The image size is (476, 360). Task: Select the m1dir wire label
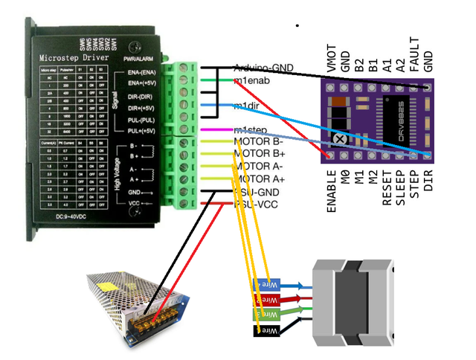247,105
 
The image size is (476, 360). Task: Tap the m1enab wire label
251,80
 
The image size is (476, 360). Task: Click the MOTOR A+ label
259,179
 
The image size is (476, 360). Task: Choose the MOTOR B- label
259,141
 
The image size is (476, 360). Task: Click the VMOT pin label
331,59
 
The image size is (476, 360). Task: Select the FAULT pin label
414,54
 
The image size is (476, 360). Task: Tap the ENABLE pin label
331,189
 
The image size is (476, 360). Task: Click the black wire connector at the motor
267,328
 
